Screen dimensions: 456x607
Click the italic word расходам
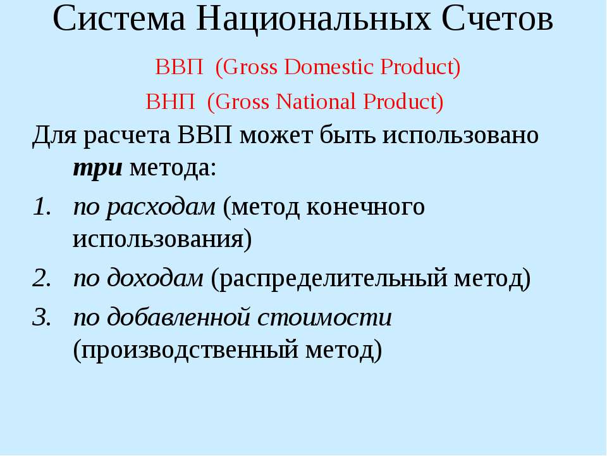[160, 207]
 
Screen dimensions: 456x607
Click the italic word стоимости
[324, 317]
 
